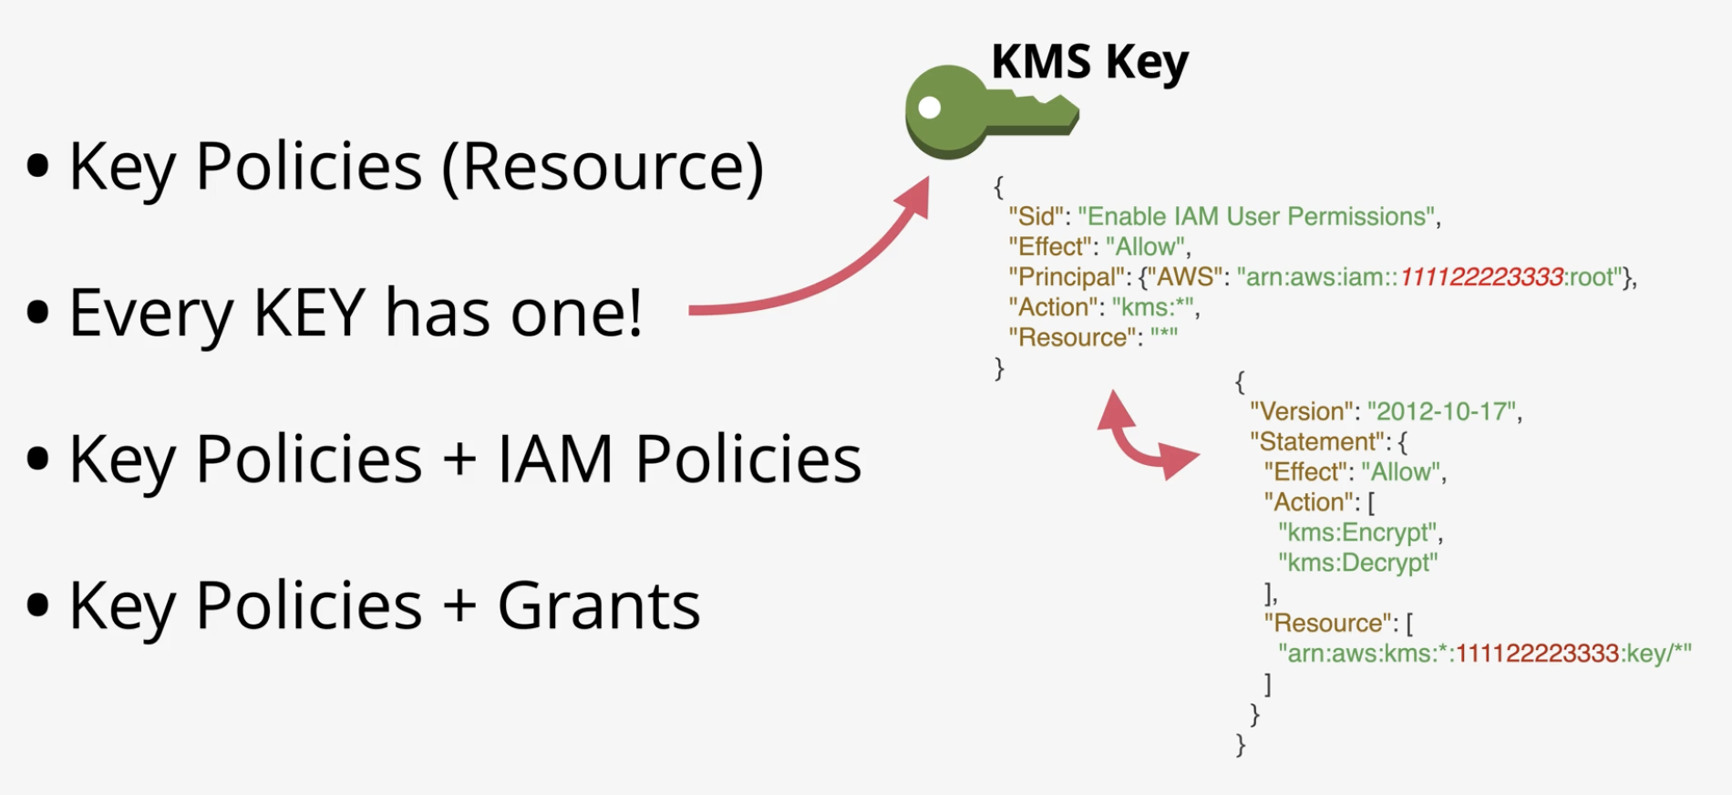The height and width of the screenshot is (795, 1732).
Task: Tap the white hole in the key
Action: [930, 108]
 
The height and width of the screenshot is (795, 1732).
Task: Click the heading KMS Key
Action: [1090, 62]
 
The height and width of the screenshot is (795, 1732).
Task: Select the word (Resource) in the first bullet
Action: [603, 167]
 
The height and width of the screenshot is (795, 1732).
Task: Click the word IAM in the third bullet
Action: [555, 458]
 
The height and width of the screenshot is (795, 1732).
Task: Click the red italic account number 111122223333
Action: [1481, 277]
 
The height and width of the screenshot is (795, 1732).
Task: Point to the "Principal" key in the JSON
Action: [1066, 277]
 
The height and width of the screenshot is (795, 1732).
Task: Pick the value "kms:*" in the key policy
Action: [1152, 307]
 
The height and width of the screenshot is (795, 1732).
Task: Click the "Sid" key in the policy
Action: [1036, 216]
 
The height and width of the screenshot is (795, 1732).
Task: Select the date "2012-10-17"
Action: [1441, 411]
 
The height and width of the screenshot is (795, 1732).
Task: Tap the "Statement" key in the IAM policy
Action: [1317, 441]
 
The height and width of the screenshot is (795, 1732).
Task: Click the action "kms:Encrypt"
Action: [1357, 532]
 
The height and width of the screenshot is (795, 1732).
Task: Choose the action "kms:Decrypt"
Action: [1357, 563]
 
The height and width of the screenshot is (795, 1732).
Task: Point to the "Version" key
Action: [1302, 411]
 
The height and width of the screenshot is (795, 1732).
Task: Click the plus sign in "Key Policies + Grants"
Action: [459, 605]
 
